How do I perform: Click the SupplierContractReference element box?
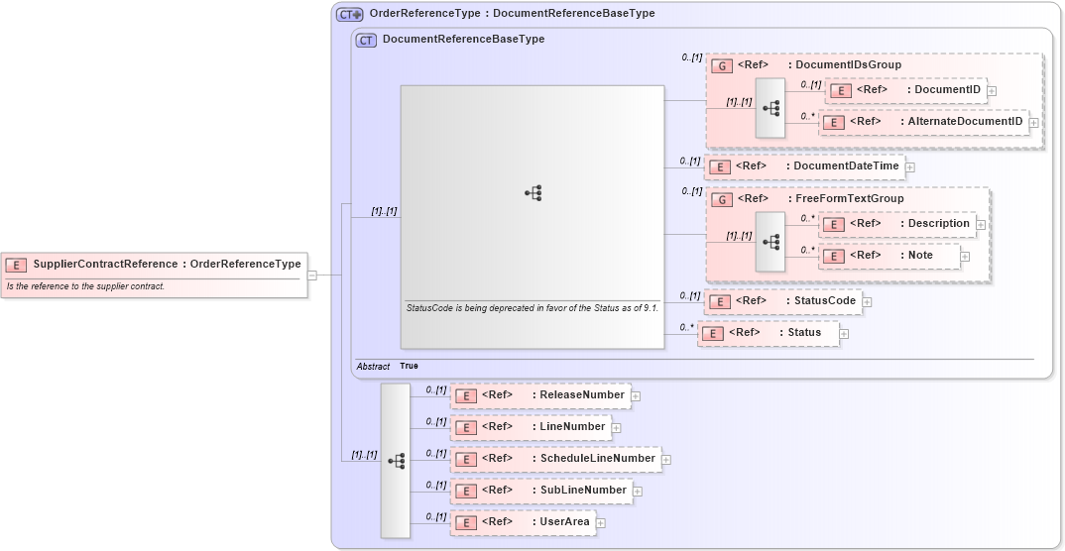(x=154, y=265)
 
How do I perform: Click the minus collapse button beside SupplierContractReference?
(x=312, y=275)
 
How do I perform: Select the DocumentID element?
(x=905, y=90)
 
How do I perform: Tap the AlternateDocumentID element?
(x=923, y=122)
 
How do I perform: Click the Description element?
(x=896, y=224)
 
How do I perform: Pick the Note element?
(x=889, y=256)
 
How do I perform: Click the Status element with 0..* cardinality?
(x=769, y=333)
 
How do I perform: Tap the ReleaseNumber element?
(x=540, y=395)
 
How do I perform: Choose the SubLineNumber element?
(x=541, y=491)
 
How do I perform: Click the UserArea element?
(x=523, y=522)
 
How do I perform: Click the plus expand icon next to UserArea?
(x=601, y=523)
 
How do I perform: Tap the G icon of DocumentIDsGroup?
(x=723, y=65)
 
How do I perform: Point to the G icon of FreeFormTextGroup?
(x=723, y=199)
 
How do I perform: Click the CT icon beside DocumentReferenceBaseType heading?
(x=366, y=41)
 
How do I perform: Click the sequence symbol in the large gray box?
(x=532, y=194)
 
